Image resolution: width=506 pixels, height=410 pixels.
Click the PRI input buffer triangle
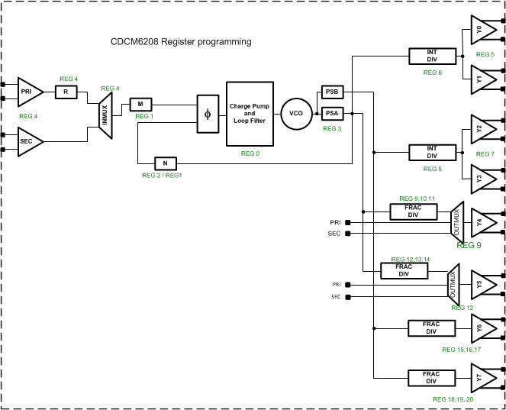tap(29, 92)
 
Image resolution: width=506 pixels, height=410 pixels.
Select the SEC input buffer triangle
tap(29, 142)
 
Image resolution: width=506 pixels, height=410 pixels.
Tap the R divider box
tap(66, 92)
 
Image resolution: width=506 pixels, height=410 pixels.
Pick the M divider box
tap(141, 104)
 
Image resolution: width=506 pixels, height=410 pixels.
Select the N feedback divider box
tap(166, 163)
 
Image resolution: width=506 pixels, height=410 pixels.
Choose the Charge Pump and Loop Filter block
tap(250, 114)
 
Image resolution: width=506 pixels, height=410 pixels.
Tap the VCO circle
tap(296, 114)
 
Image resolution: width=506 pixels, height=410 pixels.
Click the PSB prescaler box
tap(332, 92)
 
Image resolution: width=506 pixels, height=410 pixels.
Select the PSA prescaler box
tap(332, 114)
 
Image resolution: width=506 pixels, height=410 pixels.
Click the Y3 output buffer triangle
tap(482, 179)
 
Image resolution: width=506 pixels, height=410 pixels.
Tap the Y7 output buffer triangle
tap(482, 377)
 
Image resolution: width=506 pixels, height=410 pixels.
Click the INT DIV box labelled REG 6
tap(432, 56)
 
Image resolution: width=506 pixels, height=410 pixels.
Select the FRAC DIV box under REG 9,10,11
tap(413, 211)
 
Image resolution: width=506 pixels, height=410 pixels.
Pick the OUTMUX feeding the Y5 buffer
tap(453, 283)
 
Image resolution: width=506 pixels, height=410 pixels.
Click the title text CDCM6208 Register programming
tap(181, 41)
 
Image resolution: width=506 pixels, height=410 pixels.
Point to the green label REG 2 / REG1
tap(162, 176)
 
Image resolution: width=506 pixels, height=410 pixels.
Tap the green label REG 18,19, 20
tap(453, 399)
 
